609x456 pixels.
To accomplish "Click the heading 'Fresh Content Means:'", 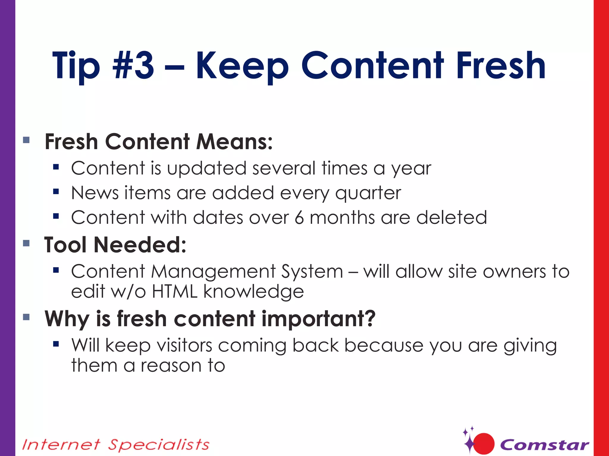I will point(158,142).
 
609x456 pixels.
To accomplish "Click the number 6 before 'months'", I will point(299,218).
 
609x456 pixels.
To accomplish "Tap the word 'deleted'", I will point(451,218).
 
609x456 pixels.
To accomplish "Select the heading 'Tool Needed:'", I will point(115,245).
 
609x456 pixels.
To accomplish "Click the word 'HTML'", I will point(175,292).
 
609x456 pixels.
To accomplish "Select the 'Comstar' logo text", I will point(544,445).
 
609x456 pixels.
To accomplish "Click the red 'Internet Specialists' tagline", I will point(116,445).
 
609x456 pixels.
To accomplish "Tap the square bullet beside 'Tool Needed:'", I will point(26,243).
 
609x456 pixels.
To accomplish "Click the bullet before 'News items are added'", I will point(56,192).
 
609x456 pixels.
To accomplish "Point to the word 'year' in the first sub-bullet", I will point(411,169).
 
